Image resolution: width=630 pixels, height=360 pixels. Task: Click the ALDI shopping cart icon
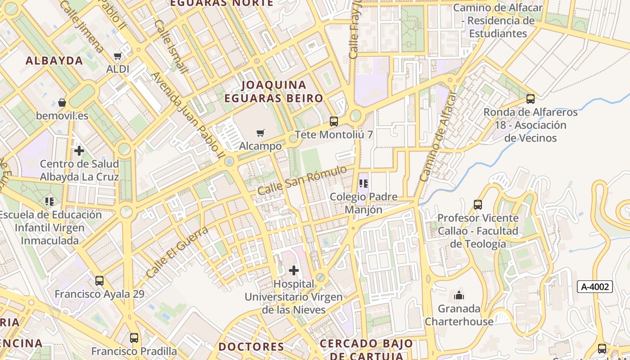pyautogui.click(x=117, y=56)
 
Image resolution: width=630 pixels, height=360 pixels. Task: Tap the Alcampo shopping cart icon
pyautogui.click(x=260, y=133)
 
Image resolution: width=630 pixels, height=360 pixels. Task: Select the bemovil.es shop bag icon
pyautogui.click(x=62, y=103)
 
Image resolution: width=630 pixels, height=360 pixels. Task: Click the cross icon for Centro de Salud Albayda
pyautogui.click(x=79, y=150)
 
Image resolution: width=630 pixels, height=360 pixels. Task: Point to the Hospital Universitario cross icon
pyautogui.click(x=293, y=270)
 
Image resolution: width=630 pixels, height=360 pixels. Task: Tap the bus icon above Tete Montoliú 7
pyautogui.click(x=333, y=121)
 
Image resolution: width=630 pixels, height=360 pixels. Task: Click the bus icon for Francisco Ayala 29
pyautogui.click(x=99, y=281)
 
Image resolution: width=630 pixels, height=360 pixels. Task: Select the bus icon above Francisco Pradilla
pyautogui.click(x=134, y=337)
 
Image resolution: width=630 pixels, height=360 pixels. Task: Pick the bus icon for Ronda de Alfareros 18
pyautogui.click(x=531, y=99)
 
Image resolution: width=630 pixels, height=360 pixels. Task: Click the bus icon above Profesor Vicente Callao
pyautogui.click(x=478, y=205)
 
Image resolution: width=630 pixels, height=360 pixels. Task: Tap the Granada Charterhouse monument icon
pyautogui.click(x=459, y=296)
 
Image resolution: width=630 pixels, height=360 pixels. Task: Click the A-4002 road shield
pyautogui.click(x=595, y=287)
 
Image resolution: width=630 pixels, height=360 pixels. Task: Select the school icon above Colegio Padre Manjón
pyautogui.click(x=364, y=184)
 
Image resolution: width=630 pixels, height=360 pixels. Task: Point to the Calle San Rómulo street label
pyautogui.click(x=302, y=180)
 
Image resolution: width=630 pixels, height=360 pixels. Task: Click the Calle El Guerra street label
pyautogui.click(x=177, y=252)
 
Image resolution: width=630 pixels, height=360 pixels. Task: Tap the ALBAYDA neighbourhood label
pyautogui.click(x=54, y=61)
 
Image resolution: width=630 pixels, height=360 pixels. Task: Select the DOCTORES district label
pyautogui.click(x=251, y=346)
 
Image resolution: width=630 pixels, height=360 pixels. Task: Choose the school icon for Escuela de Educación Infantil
pyautogui.click(x=49, y=201)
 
